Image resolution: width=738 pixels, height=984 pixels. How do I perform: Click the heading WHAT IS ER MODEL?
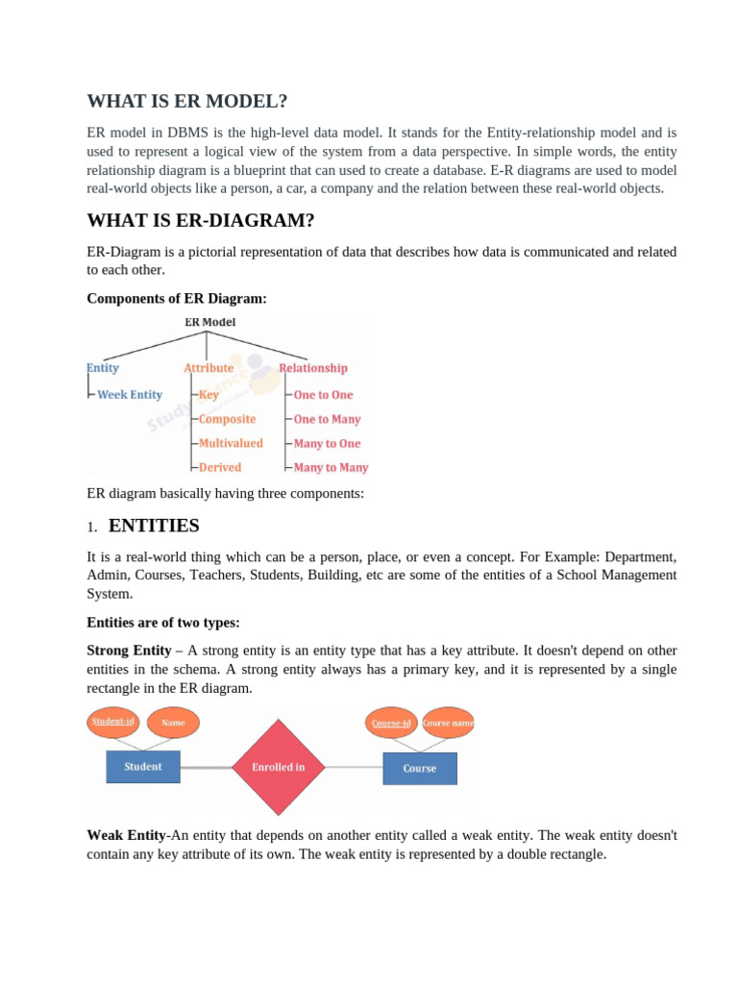tap(187, 102)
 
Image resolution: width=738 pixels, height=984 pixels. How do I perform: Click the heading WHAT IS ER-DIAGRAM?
tap(201, 221)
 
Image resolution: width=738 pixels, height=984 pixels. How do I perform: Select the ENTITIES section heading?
tap(154, 526)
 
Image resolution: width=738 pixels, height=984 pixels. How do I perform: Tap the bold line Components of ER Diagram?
tap(177, 299)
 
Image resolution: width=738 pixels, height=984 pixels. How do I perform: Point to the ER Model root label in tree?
tap(209, 323)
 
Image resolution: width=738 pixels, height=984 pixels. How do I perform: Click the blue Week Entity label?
tap(130, 395)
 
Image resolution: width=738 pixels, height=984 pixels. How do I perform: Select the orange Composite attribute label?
tap(227, 419)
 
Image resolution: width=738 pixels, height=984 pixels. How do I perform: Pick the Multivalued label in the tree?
tap(231, 444)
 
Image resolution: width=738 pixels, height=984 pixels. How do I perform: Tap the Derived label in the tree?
tap(220, 468)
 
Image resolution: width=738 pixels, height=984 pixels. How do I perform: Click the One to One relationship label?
tap(323, 395)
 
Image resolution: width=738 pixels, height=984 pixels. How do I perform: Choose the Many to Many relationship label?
tap(331, 468)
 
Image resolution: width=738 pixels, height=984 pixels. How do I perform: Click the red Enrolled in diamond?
tap(278, 767)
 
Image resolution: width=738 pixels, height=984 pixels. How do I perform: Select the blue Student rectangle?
tap(142, 767)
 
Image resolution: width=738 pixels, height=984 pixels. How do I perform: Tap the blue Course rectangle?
tap(420, 769)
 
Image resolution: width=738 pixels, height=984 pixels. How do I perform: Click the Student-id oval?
tap(112, 722)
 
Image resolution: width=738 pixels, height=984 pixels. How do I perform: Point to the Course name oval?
tap(448, 723)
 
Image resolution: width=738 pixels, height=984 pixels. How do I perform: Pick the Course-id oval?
tap(392, 723)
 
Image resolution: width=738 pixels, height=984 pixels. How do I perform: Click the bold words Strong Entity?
tap(129, 651)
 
